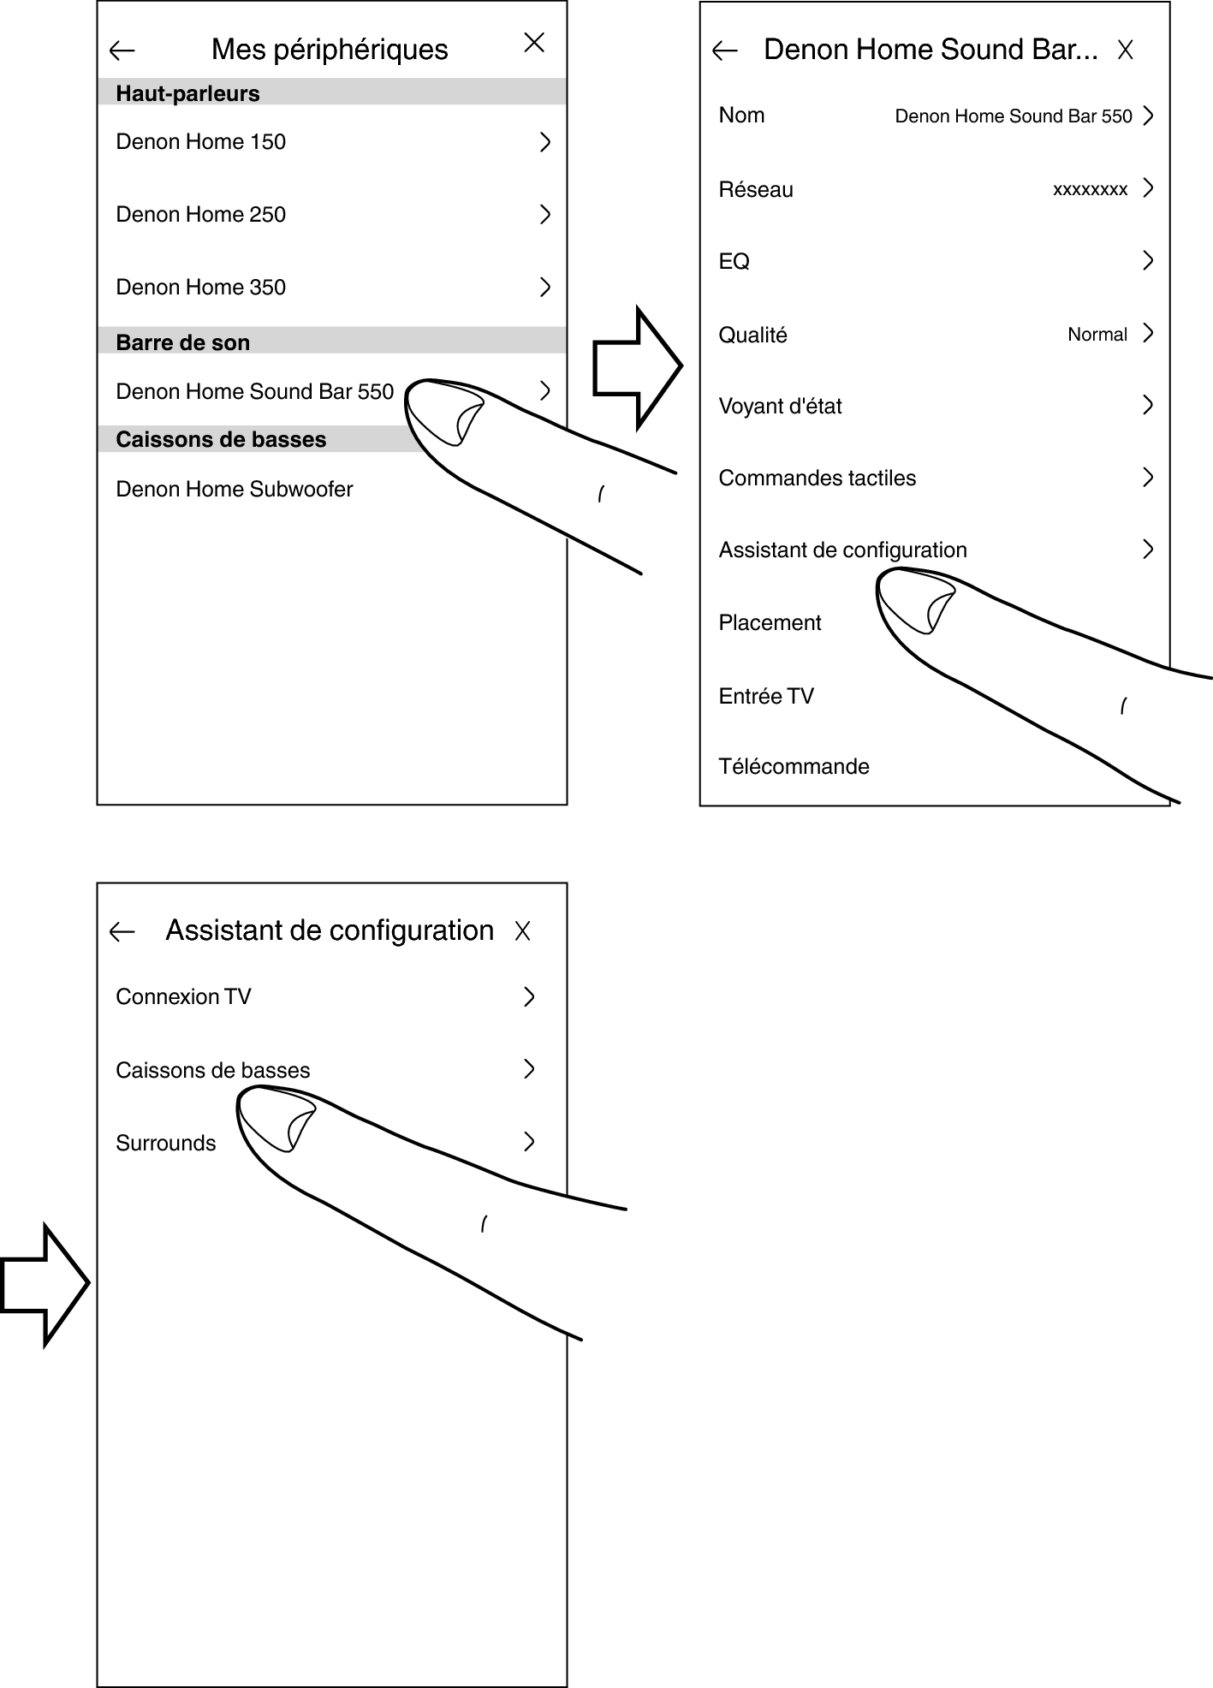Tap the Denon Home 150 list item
(201, 142)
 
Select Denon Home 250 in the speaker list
(201, 215)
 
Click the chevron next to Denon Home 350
(544, 287)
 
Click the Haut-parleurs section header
(188, 93)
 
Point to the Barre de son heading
(183, 342)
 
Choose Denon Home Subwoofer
(235, 490)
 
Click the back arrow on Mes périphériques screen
(122, 51)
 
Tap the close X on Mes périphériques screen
(534, 43)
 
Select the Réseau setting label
(756, 190)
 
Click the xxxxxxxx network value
(1090, 190)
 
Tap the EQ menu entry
(734, 262)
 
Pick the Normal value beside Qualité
(1097, 335)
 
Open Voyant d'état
(781, 407)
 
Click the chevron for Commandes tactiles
(1148, 478)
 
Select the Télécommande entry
(794, 767)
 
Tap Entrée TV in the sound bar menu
(766, 697)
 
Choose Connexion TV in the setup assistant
(183, 997)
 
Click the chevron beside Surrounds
(529, 1142)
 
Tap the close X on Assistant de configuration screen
(523, 931)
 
